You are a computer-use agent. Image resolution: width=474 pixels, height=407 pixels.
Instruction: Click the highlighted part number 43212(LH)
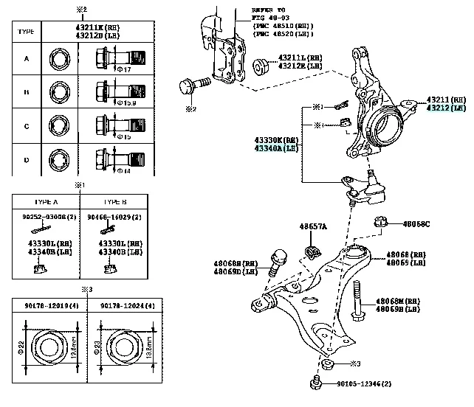[446, 108]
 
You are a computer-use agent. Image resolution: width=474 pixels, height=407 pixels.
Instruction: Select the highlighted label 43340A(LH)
[275, 147]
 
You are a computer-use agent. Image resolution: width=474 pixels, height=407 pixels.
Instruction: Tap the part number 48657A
[312, 226]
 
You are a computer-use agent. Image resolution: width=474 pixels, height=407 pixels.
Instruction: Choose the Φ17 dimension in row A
[126, 69]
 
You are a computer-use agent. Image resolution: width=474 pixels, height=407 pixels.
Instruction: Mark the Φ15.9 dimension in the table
[127, 103]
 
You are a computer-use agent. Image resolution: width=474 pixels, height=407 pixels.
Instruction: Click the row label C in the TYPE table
[27, 126]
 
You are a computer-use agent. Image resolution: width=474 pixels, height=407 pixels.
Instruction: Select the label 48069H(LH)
[399, 310]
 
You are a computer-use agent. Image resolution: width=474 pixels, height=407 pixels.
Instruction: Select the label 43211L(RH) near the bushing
[300, 58]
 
